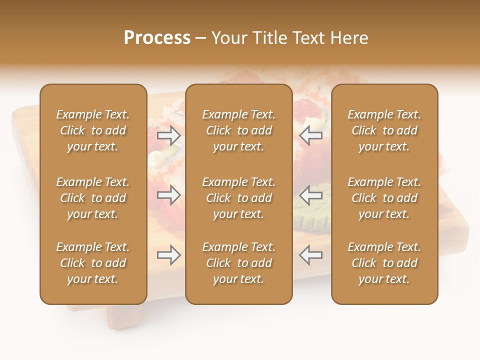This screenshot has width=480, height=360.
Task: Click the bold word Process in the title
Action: tap(157, 38)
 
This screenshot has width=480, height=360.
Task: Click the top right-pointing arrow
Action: tap(168, 135)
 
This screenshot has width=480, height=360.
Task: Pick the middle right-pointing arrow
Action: tap(168, 195)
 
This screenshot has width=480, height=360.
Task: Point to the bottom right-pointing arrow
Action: tap(168, 255)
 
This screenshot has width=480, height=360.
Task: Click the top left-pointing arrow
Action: tap(310, 135)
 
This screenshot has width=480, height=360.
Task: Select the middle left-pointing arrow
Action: tap(310, 195)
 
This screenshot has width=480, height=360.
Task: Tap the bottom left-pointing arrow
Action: tap(310, 255)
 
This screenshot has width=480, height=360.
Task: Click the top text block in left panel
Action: tap(93, 130)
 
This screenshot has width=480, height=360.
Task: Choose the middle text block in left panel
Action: tap(93, 198)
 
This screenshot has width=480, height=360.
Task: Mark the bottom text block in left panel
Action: tap(93, 263)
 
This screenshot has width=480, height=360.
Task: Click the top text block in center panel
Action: tap(238, 130)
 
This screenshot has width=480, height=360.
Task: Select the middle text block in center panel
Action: tap(238, 198)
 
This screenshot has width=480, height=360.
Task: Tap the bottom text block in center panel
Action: tap(238, 263)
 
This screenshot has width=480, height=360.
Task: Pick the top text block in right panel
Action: tap(384, 130)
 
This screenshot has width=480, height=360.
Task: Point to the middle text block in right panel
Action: tap(384, 198)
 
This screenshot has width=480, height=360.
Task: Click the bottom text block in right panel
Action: tap(384, 263)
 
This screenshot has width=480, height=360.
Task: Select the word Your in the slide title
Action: tap(228, 38)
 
